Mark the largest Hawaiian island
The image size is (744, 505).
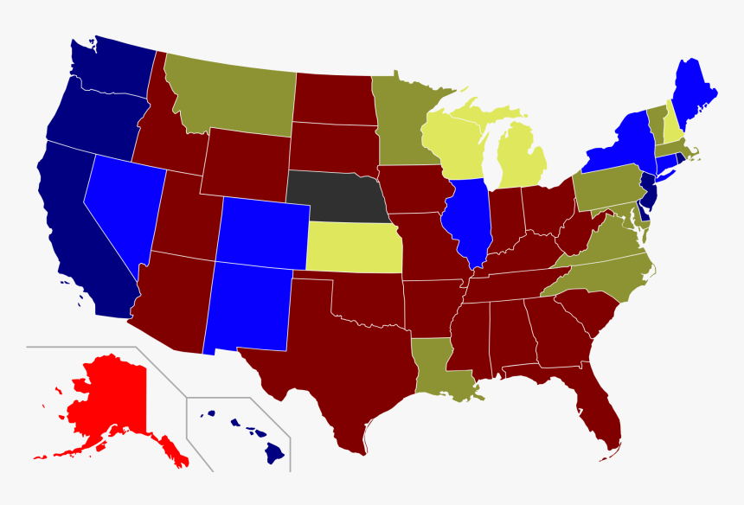click(275, 451)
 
